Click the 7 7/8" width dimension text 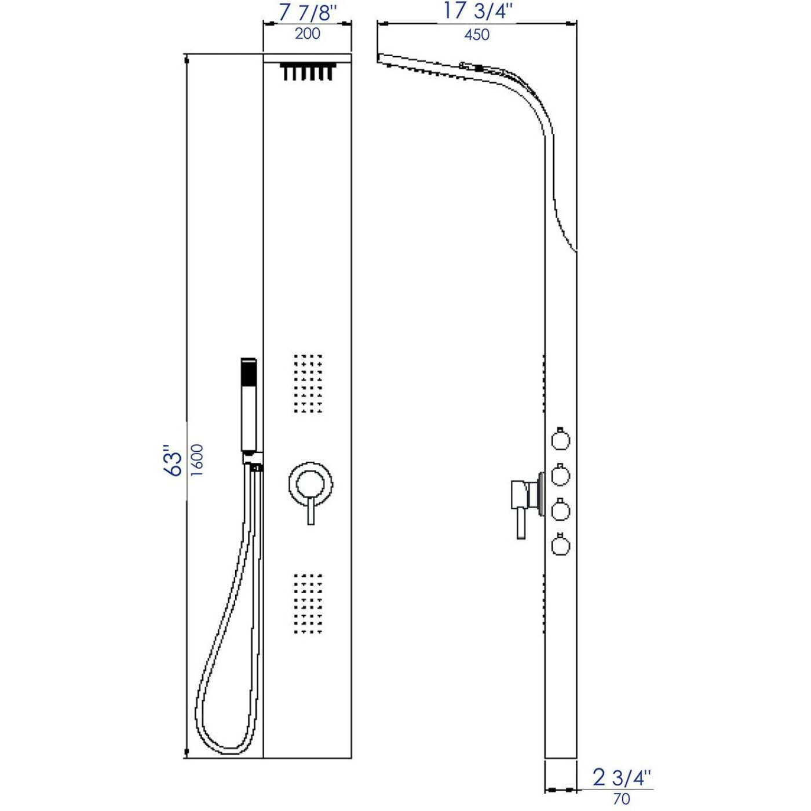coord(307,13)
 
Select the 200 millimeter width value coord(307,34)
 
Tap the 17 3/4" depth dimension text coord(477,12)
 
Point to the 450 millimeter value coord(477,35)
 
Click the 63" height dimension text coord(173,461)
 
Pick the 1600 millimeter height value coord(198,461)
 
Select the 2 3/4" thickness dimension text coord(622,777)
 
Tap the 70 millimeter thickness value coord(621,798)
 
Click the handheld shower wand coord(249,405)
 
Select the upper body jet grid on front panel coord(308,383)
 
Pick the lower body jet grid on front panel coord(308,604)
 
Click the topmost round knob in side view coord(560,440)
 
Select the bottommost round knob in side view coord(560,545)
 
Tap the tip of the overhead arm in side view coord(380,57)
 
